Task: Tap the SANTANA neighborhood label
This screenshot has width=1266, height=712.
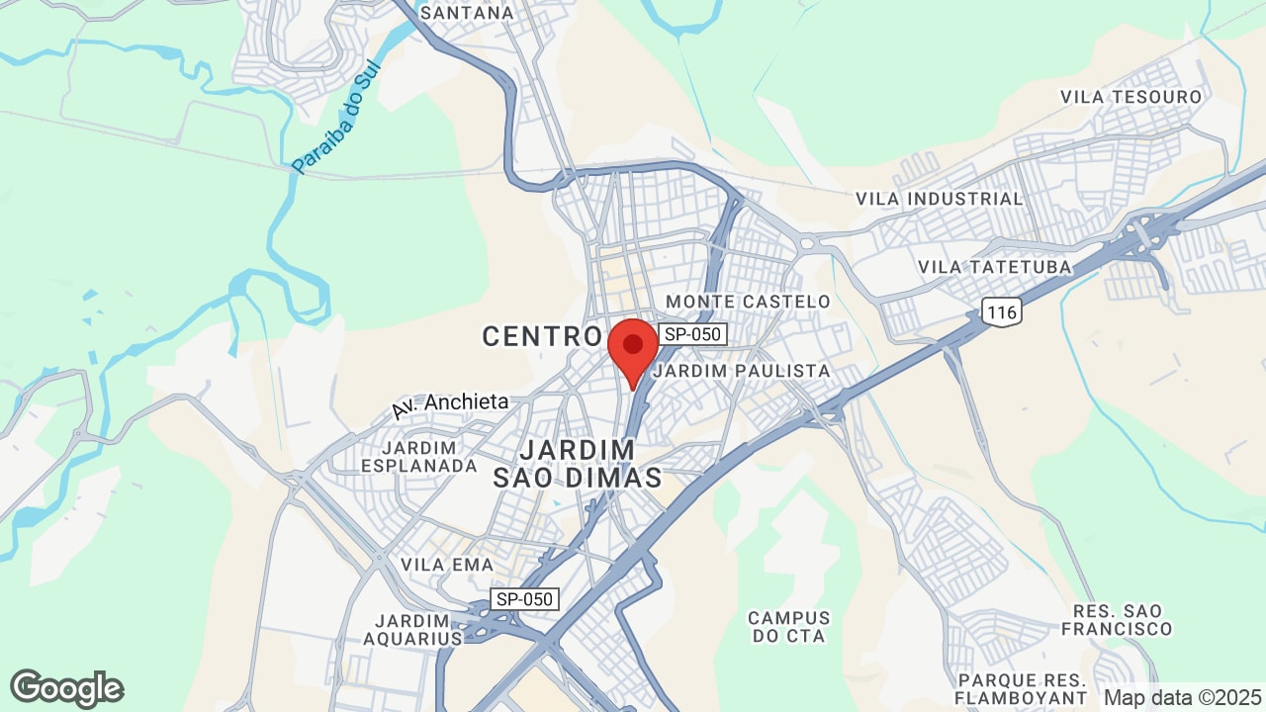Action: click(x=467, y=13)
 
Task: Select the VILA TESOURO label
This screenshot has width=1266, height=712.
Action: click(x=1130, y=97)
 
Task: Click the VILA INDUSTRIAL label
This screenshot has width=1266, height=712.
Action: click(x=940, y=199)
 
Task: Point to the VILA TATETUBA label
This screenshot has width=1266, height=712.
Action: click(x=995, y=267)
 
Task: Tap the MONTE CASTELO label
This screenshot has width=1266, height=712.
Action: click(x=749, y=301)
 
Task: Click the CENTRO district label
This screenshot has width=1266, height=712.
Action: click(x=542, y=336)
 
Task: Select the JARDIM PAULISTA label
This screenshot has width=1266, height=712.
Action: click(x=742, y=370)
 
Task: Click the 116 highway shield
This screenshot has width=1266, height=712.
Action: click(x=1002, y=312)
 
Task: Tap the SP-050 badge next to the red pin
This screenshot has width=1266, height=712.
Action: click(x=693, y=334)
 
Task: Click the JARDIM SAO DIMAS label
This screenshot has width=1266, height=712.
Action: click(x=578, y=464)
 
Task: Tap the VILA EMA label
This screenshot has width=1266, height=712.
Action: click(x=441, y=564)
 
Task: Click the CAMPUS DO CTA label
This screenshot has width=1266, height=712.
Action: click(x=788, y=627)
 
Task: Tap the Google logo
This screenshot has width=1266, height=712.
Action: click(x=66, y=688)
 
